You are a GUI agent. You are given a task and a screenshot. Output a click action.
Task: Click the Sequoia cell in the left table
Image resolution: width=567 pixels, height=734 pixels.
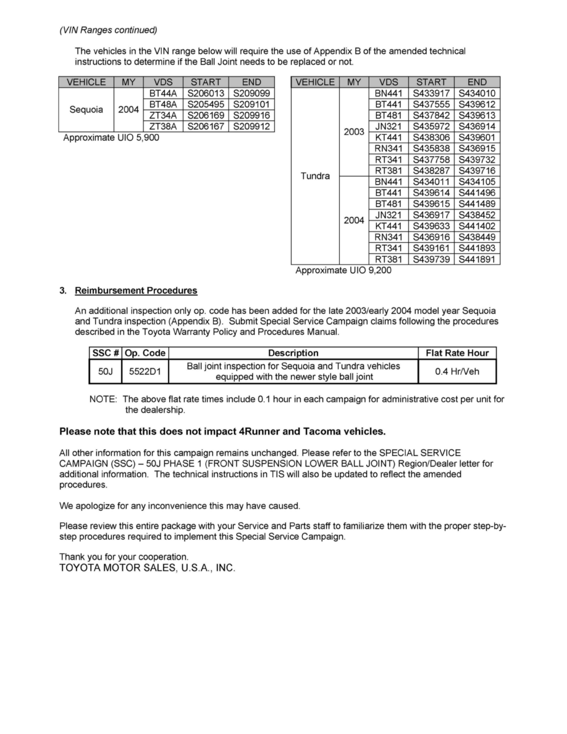tap(86, 109)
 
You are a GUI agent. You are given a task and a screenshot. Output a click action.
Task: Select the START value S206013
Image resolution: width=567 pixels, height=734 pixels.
tap(206, 93)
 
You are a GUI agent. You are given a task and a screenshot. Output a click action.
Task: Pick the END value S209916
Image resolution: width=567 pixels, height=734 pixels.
tap(251, 116)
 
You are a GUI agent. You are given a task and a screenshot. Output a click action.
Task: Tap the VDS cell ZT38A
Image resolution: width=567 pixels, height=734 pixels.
tap(163, 127)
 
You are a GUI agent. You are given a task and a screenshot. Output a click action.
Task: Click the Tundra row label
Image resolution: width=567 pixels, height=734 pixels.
tap(315, 176)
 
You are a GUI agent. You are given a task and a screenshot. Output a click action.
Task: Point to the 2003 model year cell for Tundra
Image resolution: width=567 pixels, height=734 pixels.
tap(354, 132)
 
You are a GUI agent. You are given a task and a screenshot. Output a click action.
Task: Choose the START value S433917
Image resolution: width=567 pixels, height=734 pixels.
tap(431, 93)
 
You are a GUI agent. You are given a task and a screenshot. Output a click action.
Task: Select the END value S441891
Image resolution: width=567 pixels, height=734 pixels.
tap(477, 260)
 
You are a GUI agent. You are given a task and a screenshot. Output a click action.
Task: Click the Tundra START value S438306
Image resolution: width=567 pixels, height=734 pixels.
tap(431, 138)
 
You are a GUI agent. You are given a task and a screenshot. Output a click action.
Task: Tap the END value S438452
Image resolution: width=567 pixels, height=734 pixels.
tap(477, 216)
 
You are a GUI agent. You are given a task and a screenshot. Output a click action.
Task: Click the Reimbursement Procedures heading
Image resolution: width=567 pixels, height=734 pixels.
tap(136, 290)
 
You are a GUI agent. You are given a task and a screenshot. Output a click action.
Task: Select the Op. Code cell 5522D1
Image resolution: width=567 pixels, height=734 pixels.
tap(145, 372)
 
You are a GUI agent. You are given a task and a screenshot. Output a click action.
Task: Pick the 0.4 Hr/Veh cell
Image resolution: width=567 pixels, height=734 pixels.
tap(457, 372)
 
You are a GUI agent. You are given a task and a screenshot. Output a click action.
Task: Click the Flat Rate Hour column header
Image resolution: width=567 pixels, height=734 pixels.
tap(457, 353)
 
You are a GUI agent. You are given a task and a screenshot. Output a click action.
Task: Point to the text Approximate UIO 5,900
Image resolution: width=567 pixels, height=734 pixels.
tap(111, 138)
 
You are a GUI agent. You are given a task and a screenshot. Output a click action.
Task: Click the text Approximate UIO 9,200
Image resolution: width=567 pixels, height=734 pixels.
tap(343, 271)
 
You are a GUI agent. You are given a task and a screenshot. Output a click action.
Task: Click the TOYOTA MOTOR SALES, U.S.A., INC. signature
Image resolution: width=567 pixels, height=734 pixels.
tap(147, 568)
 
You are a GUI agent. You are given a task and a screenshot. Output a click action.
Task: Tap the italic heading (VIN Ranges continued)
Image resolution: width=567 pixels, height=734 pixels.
tap(108, 30)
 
